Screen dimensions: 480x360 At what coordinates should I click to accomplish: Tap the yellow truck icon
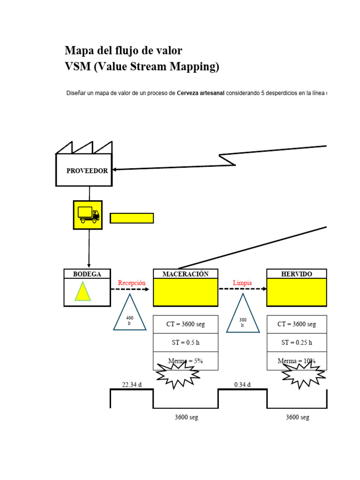[88, 215]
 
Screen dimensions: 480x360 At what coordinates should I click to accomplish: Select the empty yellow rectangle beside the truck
[132, 218]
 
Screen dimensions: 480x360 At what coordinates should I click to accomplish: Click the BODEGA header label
[87, 274]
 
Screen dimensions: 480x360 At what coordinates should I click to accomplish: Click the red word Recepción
[132, 283]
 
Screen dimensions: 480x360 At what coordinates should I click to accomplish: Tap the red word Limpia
[242, 283]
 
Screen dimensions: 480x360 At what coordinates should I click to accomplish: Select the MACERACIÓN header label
[186, 274]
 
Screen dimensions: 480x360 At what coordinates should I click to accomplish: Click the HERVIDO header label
[296, 274]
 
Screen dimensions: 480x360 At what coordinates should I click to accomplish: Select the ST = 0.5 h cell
[186, 342]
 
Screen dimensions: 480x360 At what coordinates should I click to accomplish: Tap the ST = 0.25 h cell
[297, 342]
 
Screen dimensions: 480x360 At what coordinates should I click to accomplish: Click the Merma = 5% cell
[186, 360]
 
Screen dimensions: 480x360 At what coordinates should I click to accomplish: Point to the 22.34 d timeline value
[131, 385]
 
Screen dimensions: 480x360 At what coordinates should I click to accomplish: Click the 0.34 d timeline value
[242, 385]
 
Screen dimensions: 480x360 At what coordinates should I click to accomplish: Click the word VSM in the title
[77, 67]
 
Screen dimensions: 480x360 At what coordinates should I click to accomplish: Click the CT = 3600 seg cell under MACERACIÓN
[186, 324]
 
